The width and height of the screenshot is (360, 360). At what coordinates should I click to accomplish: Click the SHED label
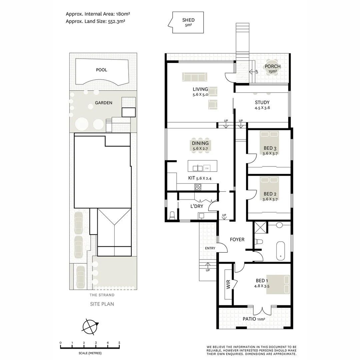click(x=188, y=20)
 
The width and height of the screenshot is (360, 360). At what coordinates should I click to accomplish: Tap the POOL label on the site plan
click(x=101, y=70)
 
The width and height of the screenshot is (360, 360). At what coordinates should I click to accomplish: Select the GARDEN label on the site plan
click(x=103, y=103)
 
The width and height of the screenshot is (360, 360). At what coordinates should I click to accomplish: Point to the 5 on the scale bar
click(x=119, y=343)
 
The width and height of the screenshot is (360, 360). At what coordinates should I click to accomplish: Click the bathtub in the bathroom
click(x=281, y=250)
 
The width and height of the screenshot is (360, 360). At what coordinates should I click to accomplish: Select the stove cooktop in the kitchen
click(x=198, y=187)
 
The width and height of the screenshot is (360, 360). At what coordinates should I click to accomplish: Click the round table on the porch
click(x=272, y=68)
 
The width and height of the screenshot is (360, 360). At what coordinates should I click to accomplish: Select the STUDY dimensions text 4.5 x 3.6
click(x=262, y=108)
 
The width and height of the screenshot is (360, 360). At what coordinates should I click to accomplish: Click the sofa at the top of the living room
click(x=195, y=77)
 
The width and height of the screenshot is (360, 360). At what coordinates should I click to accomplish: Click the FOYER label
click(x=237, y=239)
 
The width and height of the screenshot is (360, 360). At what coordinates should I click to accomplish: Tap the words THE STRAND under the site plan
click(x=102, y=295)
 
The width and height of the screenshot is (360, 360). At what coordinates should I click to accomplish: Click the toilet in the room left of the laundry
click(x=172, y=215)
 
